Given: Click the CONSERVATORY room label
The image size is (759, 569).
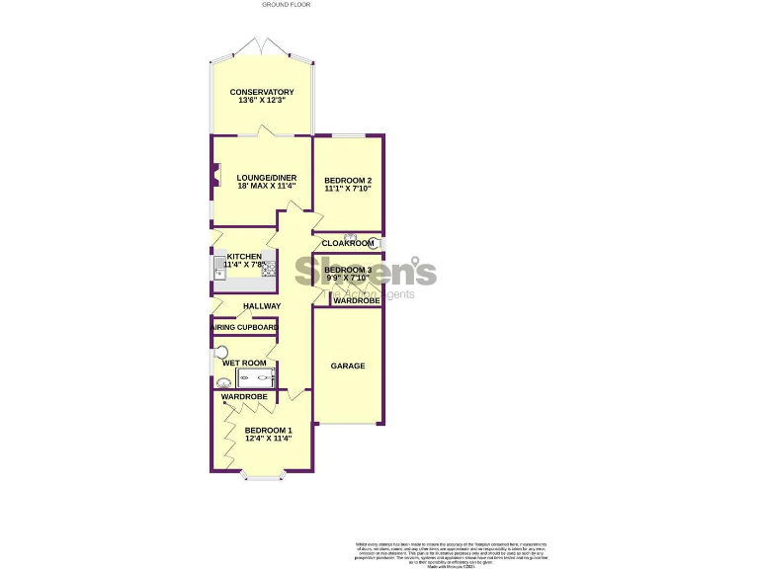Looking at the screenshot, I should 262,92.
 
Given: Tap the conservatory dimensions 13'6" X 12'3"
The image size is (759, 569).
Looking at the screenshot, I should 262,101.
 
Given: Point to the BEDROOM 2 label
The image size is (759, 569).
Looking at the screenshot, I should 348,180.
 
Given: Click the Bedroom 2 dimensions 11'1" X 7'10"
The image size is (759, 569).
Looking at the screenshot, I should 348,189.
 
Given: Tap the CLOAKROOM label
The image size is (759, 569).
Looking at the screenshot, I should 348,243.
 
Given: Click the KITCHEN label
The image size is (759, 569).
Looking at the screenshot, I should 242,257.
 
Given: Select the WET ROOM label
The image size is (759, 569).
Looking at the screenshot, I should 244,363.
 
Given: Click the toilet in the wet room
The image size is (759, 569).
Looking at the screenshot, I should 221,352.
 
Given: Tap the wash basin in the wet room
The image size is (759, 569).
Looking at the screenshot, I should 222,383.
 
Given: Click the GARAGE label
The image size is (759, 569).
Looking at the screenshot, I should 348,366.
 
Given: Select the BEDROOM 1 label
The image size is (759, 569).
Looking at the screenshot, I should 269,430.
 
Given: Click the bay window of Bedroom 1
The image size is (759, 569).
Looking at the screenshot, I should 263,478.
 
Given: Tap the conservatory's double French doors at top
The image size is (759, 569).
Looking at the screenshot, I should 262,46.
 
